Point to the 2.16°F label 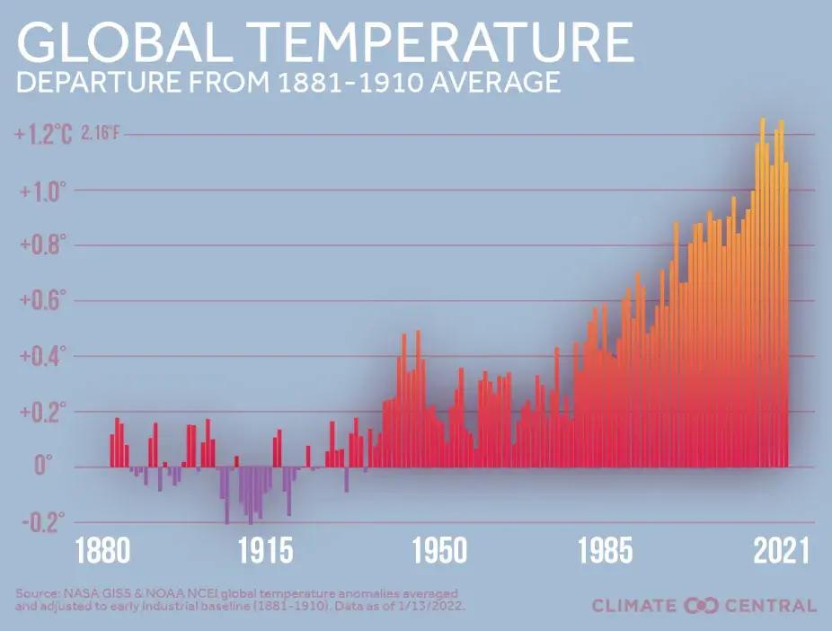pos(100,135)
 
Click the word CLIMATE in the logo pos(634,605)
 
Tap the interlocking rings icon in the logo pos(702,605)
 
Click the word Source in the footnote pos(37,593)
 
